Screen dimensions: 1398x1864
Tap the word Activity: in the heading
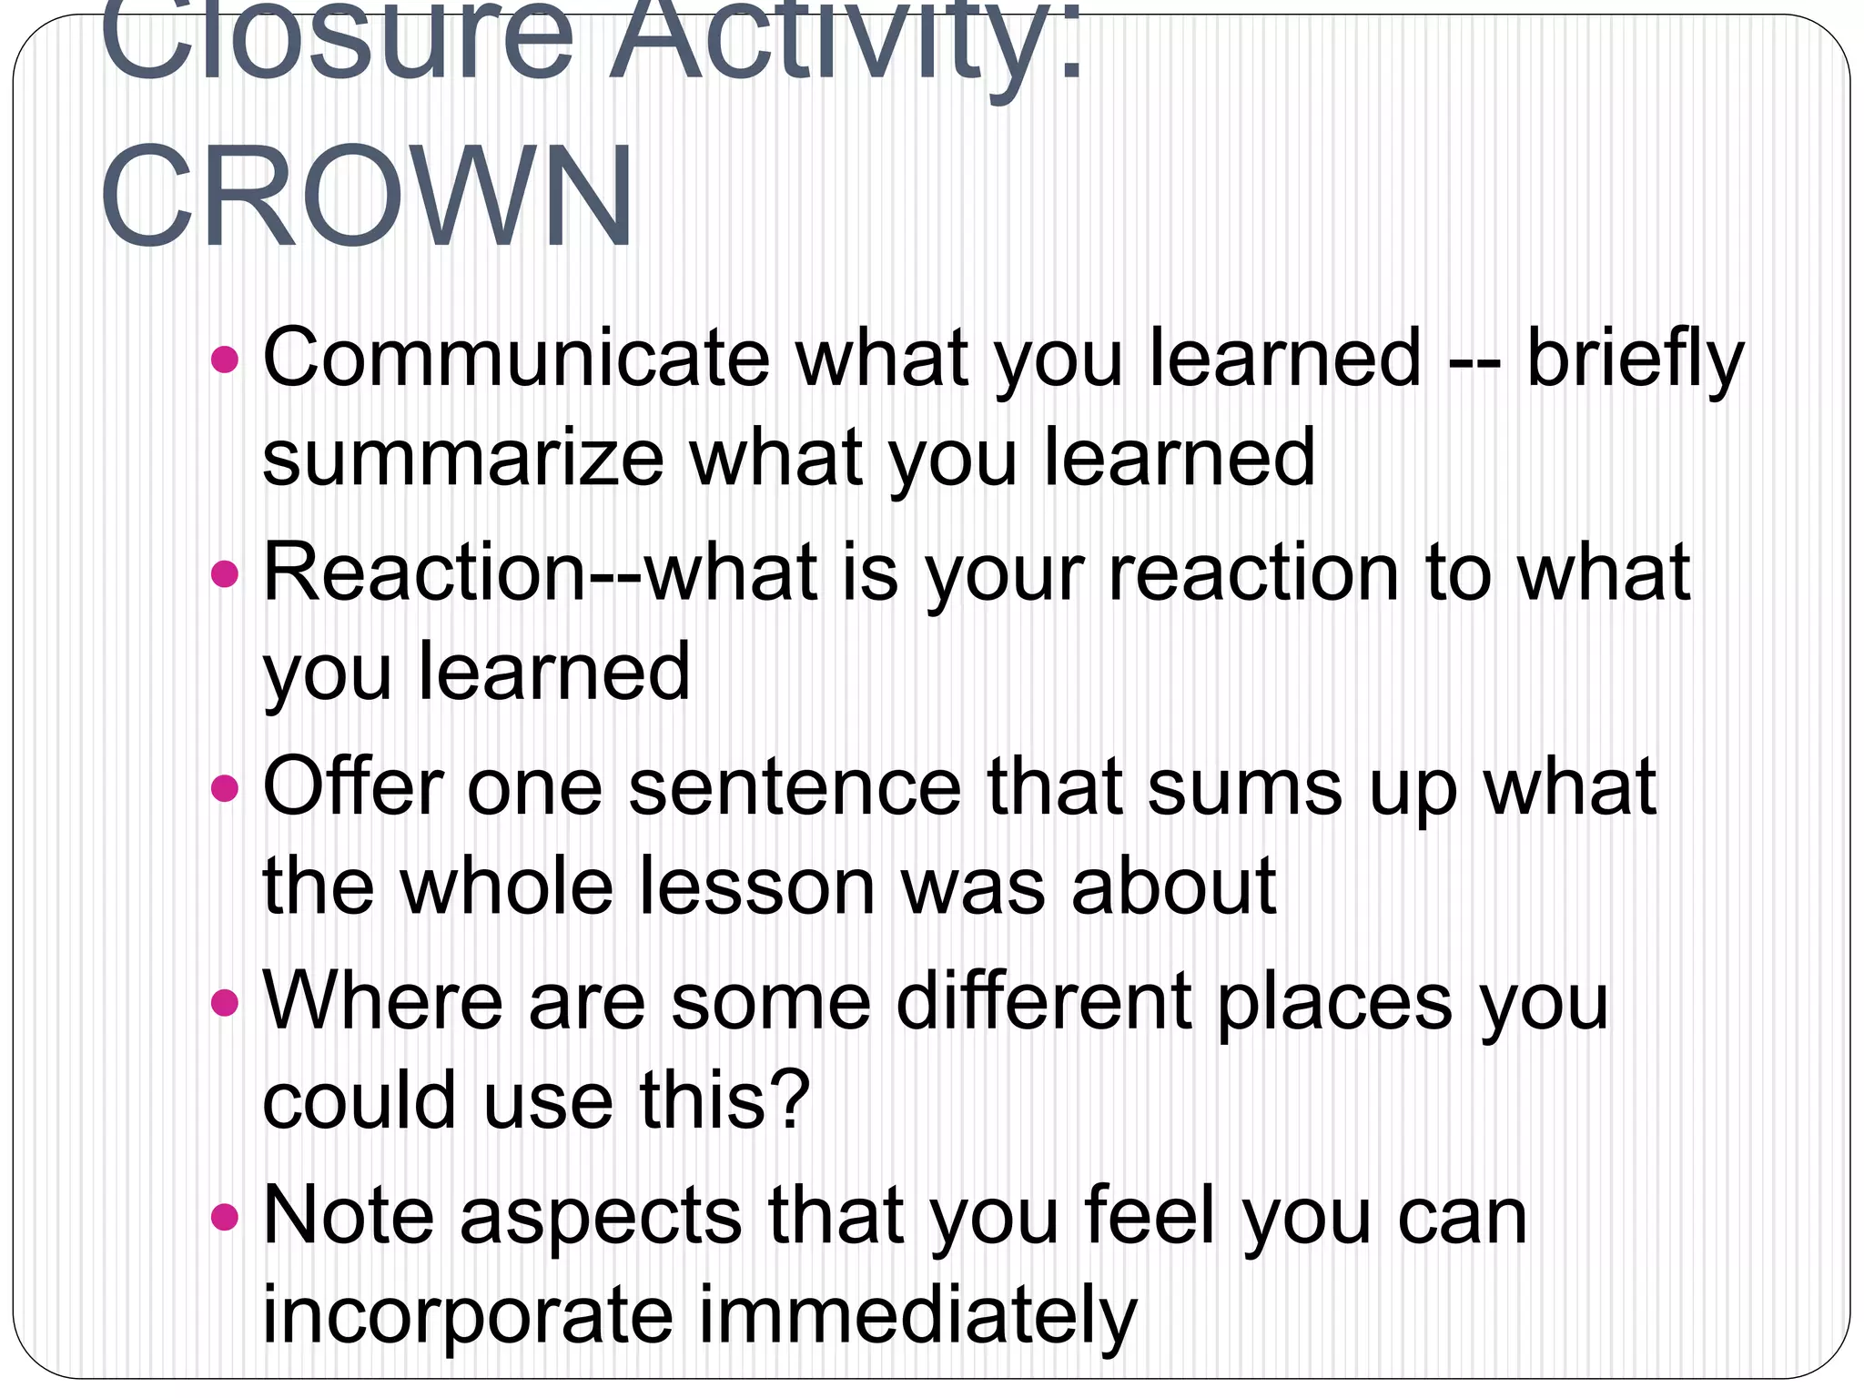846,46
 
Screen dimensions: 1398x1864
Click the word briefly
1635,359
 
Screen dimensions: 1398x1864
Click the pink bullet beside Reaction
224,574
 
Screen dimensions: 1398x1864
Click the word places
1334,1001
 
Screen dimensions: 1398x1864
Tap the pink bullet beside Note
224,1217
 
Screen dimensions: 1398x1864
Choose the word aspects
601,1217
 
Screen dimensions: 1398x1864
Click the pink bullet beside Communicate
224,360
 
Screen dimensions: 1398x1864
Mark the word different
1044,1001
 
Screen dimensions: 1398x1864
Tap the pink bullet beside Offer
224,788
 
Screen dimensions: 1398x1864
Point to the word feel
1150,1217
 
